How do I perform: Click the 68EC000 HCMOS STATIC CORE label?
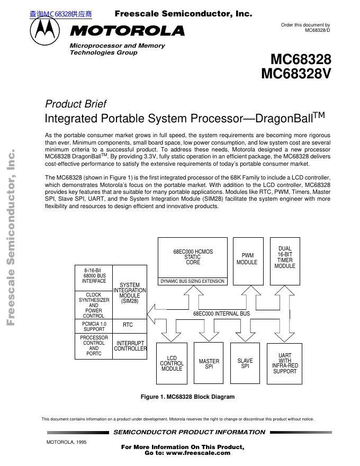tap(193, 257)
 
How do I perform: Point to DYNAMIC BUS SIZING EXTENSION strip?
tap(193, 281)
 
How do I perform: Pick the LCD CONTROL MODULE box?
tap(172, 364)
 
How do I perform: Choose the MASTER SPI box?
tap(209, 364)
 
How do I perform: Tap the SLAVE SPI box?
tap(245, 364)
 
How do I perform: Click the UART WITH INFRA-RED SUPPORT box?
tap(285, 364)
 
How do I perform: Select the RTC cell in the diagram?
tap(128, 325)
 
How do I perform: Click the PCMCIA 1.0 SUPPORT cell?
tap(94, 326)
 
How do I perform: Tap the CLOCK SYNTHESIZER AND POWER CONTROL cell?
tap(94, 305)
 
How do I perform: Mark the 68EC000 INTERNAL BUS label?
tap(221, 314)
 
